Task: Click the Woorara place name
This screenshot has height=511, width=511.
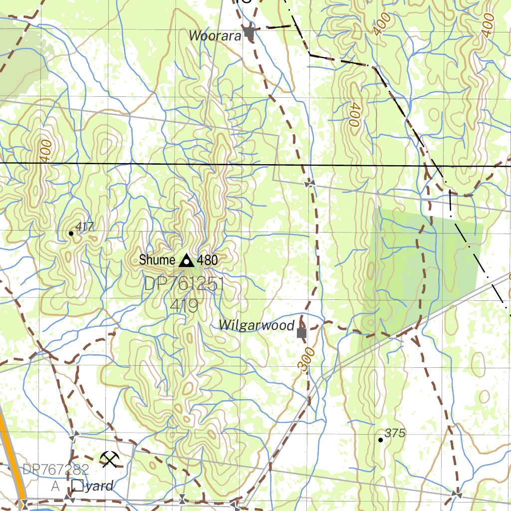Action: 215,35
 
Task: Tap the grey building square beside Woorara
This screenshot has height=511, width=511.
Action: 250,34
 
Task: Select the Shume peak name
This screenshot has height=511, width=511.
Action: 157,260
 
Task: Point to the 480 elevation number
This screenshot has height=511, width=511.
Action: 208,260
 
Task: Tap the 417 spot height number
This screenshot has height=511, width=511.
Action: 86,227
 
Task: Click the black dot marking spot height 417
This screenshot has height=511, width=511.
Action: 71,233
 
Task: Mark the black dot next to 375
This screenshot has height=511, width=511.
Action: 381,440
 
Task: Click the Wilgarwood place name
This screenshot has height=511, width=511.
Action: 256,326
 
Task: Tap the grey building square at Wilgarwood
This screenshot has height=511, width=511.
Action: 301,332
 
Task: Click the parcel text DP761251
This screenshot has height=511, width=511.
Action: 184,285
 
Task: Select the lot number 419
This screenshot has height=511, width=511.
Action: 184,305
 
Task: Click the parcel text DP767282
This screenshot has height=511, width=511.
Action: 56,469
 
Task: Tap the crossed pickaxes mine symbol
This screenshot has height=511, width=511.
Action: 109,459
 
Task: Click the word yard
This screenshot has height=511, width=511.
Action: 99,485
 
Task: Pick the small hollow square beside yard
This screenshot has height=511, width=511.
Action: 77,485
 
